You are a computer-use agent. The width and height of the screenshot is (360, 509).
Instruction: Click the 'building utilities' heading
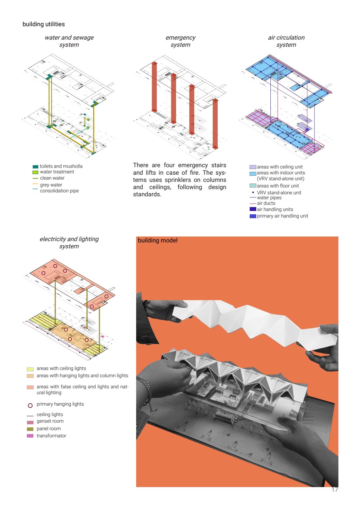tap(44, 24)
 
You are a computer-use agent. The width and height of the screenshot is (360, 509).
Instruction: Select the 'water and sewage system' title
tap(69, 41)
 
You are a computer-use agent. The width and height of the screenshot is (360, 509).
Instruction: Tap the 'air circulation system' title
tap(286, 41)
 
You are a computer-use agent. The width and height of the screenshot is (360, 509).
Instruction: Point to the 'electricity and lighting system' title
tap(69, 242)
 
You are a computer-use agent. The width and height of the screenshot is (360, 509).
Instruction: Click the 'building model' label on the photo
tap(157, 240)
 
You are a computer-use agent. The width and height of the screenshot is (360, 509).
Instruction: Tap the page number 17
tap(334, 490)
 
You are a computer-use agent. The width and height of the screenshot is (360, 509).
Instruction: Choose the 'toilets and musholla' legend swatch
tap(35, 167)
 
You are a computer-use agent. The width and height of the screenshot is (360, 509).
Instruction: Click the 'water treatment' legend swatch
tap(35, 172)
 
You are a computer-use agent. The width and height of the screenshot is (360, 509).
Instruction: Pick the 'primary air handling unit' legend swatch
tap(253, 216)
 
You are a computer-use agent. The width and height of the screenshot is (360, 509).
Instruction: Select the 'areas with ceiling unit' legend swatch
tap(253, 167)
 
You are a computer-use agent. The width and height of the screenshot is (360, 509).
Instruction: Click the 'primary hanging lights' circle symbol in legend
tap(30, 406)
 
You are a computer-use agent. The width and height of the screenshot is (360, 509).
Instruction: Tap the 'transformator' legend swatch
tap(30, 436)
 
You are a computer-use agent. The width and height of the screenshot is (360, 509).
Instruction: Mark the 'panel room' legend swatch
tap(30, 429)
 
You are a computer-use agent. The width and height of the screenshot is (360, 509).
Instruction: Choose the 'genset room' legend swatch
tap(30, 422)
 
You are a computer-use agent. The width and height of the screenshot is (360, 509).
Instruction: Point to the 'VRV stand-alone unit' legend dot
tap(253, 192)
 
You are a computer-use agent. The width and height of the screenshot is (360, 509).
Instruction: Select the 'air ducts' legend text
tap(266, 203)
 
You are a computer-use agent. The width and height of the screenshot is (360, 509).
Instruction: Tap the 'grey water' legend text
tap(51, 185)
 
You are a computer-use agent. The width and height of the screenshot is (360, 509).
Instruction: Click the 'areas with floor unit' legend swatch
tap(253, 186)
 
